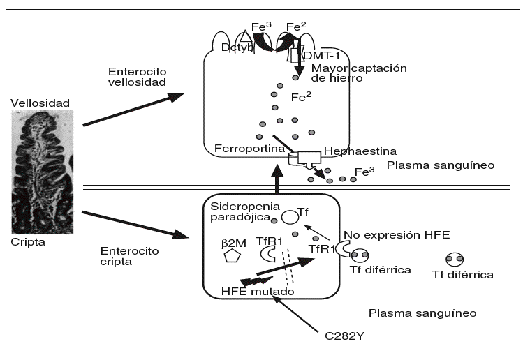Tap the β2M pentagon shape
pyautogui.click(x=230, y=255)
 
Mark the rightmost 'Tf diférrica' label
pyautogui.click(x=462, y=275)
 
